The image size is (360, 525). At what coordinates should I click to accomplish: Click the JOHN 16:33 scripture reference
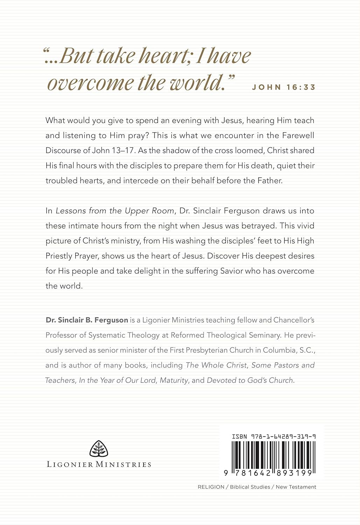[284, 87]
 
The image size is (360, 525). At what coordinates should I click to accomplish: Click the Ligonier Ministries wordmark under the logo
[99, 464]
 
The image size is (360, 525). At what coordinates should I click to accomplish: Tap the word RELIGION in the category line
[211, 487]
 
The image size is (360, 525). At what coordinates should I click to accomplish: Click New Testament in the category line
[296, 487]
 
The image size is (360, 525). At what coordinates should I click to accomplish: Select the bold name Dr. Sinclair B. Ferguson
[86, 320]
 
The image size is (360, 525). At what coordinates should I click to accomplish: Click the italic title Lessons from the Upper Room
[115, 211]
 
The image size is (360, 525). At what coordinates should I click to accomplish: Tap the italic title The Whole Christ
[217, 365]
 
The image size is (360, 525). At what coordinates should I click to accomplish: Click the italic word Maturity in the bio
[174, 380]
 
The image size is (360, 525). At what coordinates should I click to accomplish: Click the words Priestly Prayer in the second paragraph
[73, 256]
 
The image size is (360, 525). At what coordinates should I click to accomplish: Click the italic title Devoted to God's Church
[250, 380]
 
